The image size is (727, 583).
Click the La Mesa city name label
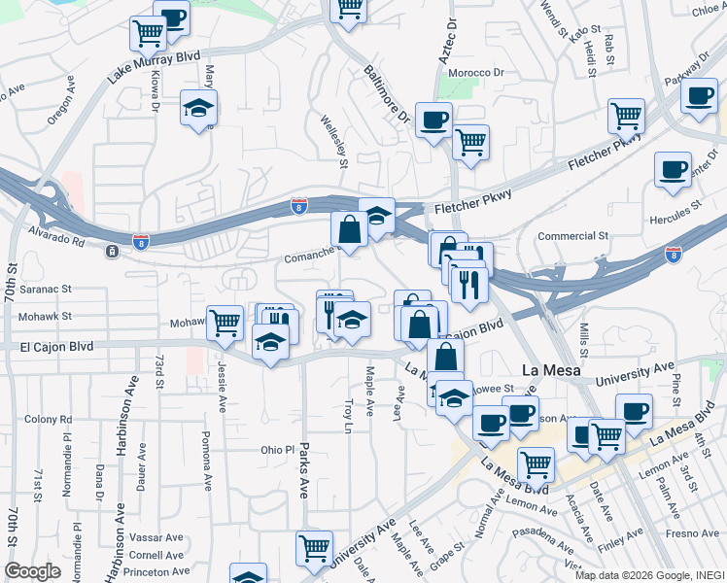(x=550, y=370)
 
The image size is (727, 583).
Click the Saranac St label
(x=49, y=289)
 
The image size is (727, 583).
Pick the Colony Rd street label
(x=49, y=419)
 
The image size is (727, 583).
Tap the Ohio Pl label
(x=277, y=450)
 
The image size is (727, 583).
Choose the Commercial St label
(x=573, y=235)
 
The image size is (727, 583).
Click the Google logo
(x=32, y=571)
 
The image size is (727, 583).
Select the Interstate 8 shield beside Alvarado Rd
(x=142, y=238)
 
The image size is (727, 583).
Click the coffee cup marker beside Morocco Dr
(x=433, y=120)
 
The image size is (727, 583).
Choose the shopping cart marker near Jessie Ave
(x=225, y=322)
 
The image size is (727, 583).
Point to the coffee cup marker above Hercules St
(x=673, y=170)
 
